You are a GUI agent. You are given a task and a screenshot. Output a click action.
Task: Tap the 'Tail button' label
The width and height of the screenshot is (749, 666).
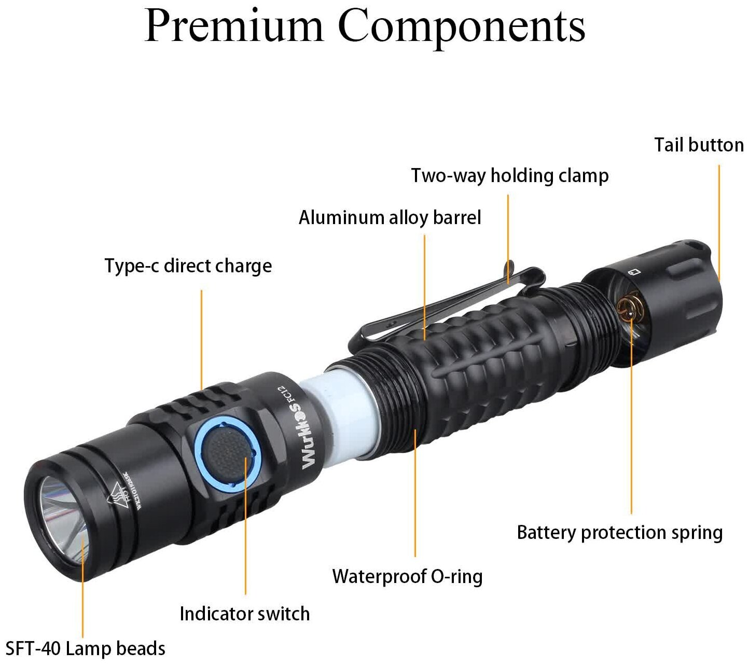(x=698, y=145)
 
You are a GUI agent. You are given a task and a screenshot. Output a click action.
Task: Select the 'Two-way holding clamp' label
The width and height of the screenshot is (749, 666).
(x=509, y=176)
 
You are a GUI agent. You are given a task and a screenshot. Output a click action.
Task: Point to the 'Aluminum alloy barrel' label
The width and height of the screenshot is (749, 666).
(x=390, y=217)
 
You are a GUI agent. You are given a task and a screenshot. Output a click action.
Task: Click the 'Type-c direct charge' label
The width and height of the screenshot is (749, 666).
(x=188, y=266)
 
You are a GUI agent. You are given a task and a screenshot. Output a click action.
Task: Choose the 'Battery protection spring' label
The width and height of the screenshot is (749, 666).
(x=619, y=533)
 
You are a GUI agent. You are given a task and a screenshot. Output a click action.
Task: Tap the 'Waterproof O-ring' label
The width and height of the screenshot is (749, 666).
(x=407, y=576)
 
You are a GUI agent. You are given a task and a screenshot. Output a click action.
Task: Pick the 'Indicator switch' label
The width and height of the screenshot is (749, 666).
(x=244, y=614)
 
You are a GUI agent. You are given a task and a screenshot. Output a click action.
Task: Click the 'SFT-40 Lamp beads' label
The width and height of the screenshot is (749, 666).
(x=86, y=648)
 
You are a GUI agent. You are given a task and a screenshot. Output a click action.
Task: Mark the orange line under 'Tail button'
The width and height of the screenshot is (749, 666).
(x=719, y=218)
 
